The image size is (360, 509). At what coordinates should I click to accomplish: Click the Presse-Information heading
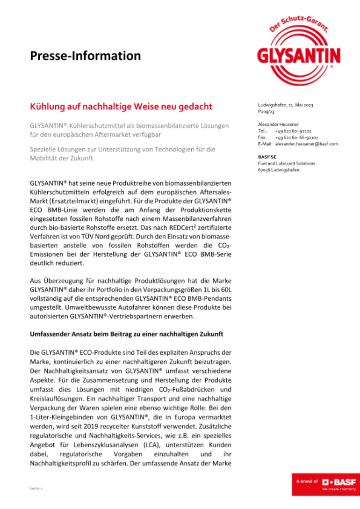point(85,56)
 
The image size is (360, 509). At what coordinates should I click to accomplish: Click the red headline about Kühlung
point(121,107)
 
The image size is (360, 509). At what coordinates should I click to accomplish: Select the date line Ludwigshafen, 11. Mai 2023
point(286,105)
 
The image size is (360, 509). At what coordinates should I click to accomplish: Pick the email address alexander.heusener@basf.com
point(306,144)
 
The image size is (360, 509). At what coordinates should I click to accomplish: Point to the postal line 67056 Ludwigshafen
point(278,170)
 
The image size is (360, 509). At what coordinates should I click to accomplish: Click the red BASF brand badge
point(326,484)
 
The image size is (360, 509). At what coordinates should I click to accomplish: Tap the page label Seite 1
point(36,488)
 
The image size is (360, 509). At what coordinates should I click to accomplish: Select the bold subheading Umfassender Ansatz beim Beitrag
point(126,334)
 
